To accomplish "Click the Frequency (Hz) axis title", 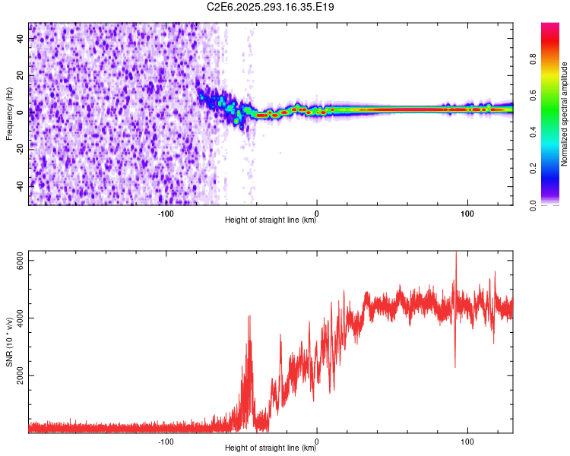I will tap(9, 114).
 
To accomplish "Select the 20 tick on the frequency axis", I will tap(20, 75).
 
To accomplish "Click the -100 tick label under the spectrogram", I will tap(166, 213).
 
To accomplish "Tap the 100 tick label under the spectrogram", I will tap(468, 213).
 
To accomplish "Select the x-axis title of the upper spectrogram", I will tap(271, 221).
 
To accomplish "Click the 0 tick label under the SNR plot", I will tap(317, 441).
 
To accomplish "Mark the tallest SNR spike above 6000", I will tap(456, 254).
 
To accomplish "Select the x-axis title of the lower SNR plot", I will tap(271, 449).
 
